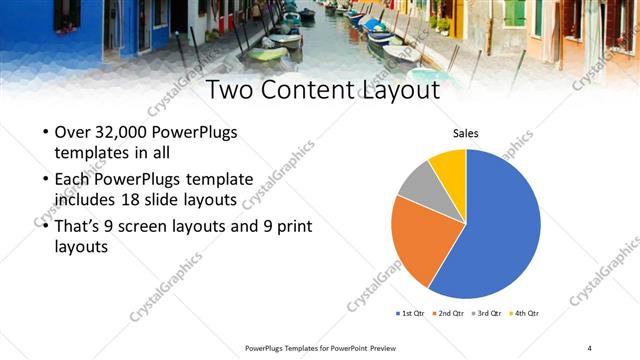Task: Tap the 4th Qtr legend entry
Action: [526, 313]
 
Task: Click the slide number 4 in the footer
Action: [589, 348]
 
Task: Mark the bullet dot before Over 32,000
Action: [45, 134]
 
